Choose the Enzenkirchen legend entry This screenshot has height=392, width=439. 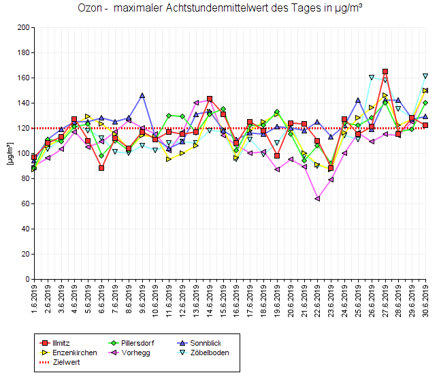tap(74, 353)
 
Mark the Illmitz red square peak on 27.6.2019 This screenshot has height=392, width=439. tap(385, 71)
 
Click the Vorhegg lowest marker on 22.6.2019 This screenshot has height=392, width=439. tap(318, 199)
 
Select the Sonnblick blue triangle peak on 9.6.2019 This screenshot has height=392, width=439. tap(142, 95)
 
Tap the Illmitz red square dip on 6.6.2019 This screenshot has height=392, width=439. tap(101, 168)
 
